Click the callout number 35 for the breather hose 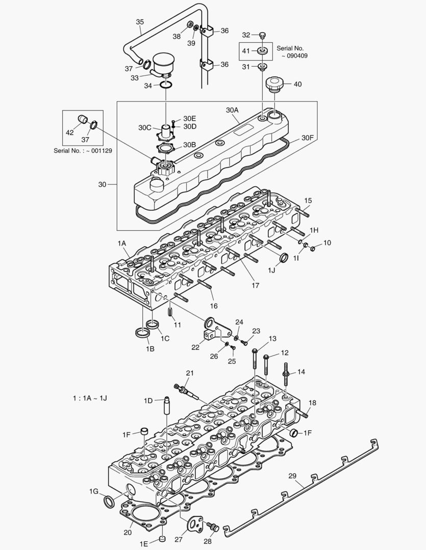click(x=140, y=22)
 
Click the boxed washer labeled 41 click(x=263, y=51)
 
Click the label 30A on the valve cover click(x=232, y=110)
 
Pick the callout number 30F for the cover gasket click(x=307, y=137)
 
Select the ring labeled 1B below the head click(x=143, y=334)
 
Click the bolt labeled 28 click(x=214, y=528)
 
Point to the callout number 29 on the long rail click(x=292, y=476)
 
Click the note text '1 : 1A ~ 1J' click(x=90, y=398)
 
